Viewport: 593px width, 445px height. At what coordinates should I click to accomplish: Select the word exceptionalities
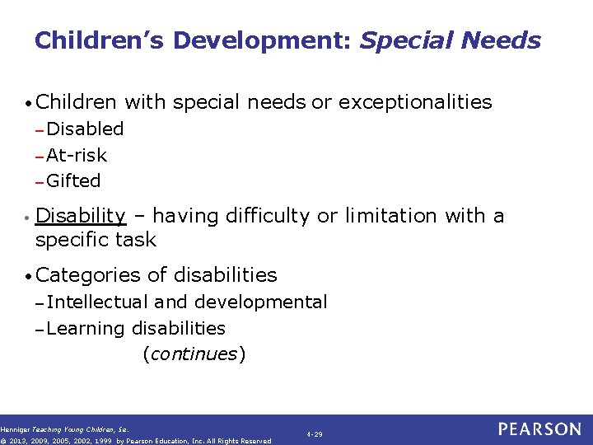415,102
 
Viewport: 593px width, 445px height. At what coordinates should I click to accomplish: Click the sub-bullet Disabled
85,129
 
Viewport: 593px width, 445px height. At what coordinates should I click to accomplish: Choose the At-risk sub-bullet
77,155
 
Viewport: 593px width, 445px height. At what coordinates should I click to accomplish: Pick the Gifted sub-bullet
73,180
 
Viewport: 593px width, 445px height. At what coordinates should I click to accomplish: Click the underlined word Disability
81,216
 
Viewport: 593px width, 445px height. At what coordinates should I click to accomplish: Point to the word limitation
391,216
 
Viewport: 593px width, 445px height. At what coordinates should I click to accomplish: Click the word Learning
85,328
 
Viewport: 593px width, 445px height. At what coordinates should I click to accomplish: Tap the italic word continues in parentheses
194,354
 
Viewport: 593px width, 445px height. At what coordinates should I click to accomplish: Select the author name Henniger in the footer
15,429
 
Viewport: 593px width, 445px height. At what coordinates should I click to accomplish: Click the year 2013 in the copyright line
21,441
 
